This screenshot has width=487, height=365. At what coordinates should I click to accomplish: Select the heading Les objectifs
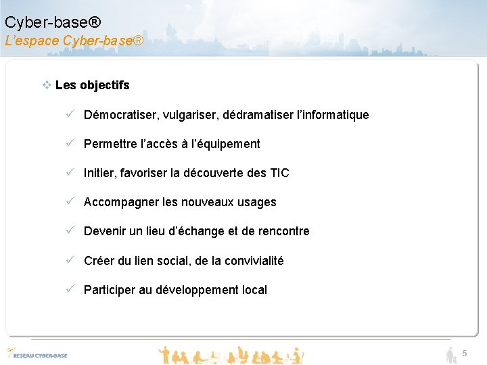pyautogui.click(x=93, y=85)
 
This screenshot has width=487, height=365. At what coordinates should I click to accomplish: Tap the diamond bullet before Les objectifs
pyautogui.click(x=47, y=85)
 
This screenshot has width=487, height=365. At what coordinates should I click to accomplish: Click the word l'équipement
pyautogui.click(x=225, y=144)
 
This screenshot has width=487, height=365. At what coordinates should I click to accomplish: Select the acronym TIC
pyautogui.click(x=279, y=173)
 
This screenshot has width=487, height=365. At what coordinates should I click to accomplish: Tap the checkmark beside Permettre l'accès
pyautogui.click(x=70, y=143)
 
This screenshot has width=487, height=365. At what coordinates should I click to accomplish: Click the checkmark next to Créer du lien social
pyautogui.click(x=70, y=260)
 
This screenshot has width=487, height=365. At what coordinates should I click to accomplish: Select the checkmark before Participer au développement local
pyautogui.click(x=70, y=289)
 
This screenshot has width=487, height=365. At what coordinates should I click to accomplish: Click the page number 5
pyautogui.click(x=465, y=354)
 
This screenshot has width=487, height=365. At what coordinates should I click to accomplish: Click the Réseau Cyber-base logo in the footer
pyautogui.click(x=37, y=354)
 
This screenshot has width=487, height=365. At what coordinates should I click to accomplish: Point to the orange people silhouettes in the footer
pyautogui.click(x=230, y=354)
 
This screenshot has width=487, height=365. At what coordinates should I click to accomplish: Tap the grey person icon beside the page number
pyautogui.click(x=451, y=354)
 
